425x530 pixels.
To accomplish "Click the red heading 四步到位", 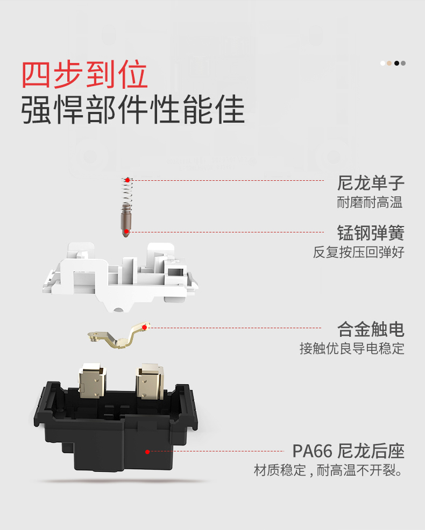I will (x=84, y=75).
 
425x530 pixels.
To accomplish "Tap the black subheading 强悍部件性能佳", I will (x=133, y=110).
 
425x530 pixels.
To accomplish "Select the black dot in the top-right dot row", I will (x=396, y=63).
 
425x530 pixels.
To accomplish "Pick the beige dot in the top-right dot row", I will (x=389, y=63).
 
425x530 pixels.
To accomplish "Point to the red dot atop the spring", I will (x=127, y=180).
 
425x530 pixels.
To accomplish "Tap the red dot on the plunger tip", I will (x=126, y=231).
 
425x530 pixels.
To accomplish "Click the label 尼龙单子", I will (x=371, y=183).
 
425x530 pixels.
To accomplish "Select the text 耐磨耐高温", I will (x=371, y=203).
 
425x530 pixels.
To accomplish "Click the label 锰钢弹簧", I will (x=371, y=233).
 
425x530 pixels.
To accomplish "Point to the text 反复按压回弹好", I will (x=358, y=252).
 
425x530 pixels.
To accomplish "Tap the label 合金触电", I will (x=371, y=329).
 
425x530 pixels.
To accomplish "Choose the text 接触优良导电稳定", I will (x=352, y=349).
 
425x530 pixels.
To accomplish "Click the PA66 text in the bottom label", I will (x=310, y=451).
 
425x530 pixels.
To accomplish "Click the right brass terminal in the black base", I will (x=150, y=383).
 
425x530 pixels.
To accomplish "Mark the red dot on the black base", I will (x=147, y=451).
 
